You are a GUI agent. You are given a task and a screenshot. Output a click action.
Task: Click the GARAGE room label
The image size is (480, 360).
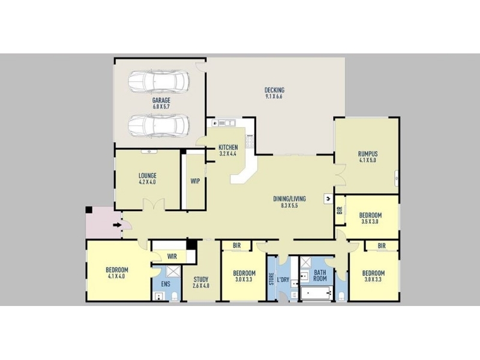(161, 100)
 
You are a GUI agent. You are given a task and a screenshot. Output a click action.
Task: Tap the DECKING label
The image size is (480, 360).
(274, 90)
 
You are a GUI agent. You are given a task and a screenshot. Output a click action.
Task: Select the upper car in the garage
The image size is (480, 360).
(158, 82)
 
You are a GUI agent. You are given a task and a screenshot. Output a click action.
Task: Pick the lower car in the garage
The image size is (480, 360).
(158, 125)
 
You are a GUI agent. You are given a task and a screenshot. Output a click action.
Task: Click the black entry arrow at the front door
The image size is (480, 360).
(117, 225)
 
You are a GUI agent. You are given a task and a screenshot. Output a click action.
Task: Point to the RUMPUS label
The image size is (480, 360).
(368, 154)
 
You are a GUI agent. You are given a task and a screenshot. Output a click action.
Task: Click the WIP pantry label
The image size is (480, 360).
(196, 181)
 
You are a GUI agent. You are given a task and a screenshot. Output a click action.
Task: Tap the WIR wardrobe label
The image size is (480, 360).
(172, 256)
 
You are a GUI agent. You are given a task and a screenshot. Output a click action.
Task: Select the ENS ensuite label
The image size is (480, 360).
(166, 284)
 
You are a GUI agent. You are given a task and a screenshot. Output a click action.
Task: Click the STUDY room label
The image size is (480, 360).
(201, 279)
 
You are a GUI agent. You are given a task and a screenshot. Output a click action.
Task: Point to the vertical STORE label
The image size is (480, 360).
(271, 279)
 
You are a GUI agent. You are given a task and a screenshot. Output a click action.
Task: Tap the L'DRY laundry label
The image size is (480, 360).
(283, 280)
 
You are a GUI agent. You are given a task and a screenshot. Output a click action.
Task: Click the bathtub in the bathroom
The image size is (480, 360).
(317, 293)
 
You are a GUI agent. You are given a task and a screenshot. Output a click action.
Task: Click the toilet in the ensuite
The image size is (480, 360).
(175, 296)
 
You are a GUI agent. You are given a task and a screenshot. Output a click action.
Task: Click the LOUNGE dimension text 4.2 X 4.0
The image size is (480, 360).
(147, 182)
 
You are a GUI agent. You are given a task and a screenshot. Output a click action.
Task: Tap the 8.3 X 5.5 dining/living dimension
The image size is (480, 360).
(289, 205)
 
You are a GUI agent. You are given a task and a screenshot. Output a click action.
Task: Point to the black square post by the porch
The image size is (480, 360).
(89, 209)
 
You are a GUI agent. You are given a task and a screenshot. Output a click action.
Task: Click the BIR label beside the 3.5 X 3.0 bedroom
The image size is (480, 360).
(340, 211)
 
